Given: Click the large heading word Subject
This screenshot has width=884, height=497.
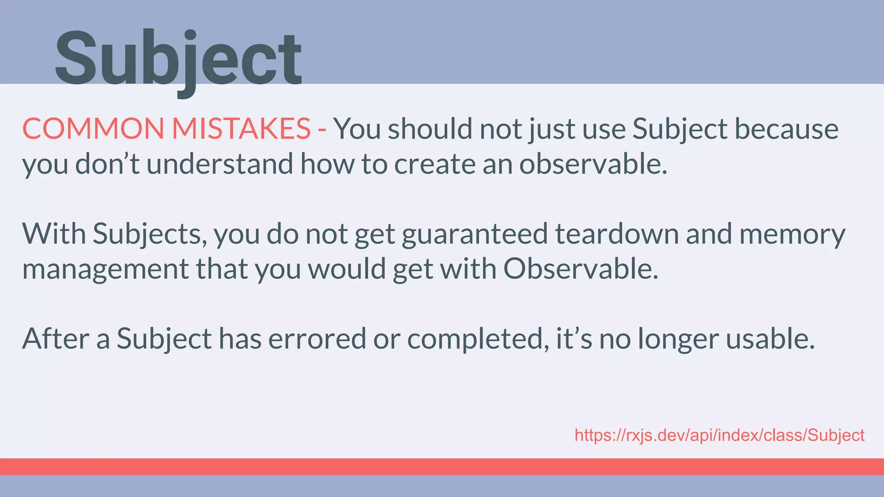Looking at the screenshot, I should coord(178,58).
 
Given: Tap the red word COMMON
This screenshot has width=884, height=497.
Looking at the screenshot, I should coord(93,129).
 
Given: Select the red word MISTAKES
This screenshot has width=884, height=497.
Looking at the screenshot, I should coord(241,129).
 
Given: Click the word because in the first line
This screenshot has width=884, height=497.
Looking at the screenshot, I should coord(786,129).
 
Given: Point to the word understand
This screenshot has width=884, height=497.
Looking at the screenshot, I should coord(220,164).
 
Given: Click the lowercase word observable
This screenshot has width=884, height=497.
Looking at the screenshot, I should coord(593,164).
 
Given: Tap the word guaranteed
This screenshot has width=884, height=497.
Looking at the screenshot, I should coord(475,234).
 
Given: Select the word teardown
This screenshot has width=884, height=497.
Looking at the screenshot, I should coord(617,234).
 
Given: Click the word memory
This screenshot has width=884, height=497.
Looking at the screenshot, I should coord(792,234).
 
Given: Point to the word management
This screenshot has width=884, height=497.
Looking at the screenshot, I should coord(105,269).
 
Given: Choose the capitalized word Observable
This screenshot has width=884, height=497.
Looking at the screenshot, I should coord(581,268).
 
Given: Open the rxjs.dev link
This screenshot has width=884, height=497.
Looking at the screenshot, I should coord(719,435).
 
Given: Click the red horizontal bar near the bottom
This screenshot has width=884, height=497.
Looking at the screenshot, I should coord(442,467).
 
